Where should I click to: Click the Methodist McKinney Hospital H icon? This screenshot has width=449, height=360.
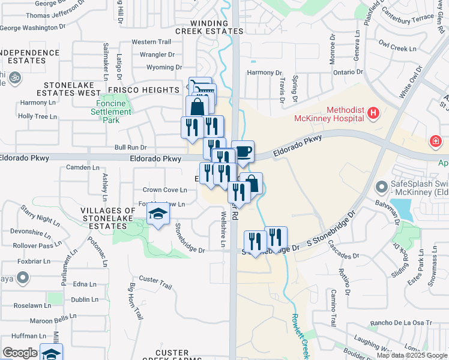pos(373,113)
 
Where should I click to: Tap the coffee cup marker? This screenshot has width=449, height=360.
pos(243,151)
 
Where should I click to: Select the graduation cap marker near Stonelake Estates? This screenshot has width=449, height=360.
pos(157,214)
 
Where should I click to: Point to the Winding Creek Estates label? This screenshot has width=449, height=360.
pos(209,27)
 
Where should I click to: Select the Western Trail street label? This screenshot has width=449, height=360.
pos(151,42)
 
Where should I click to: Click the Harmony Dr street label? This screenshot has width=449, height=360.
pos(264,73)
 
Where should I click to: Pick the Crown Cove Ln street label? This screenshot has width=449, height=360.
pos(164,190)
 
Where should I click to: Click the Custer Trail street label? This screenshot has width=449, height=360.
pos(155,279)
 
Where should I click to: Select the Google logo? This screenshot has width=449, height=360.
pos(20,353)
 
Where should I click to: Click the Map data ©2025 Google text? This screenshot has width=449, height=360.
pos(412,355)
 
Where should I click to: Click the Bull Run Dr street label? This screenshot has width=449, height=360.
pos(130,147)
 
